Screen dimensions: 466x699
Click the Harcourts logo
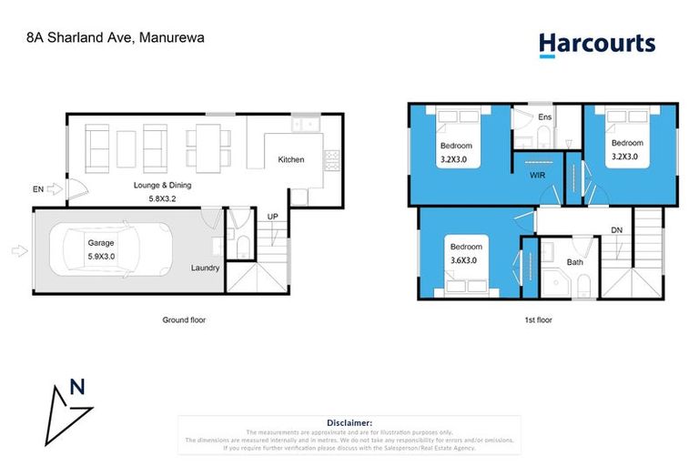[x=596, y=44]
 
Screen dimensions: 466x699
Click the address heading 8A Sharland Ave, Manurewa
[x=114, y=39]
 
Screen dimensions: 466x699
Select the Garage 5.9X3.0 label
[x=102, y=250]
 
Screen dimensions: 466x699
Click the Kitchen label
[x=290, y=160]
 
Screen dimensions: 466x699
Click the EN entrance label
[x=38, y=189]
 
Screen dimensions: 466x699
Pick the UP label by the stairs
[x=272, y=216]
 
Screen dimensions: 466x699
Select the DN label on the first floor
[x=616, y=229]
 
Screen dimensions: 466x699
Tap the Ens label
[x=545, y=116]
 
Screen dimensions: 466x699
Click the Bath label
[x=574, y=262]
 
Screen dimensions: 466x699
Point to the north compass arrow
[x=70, y=406]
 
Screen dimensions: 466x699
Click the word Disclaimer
[x=349, y=422]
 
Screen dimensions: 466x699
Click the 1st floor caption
[x=538, y=319]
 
